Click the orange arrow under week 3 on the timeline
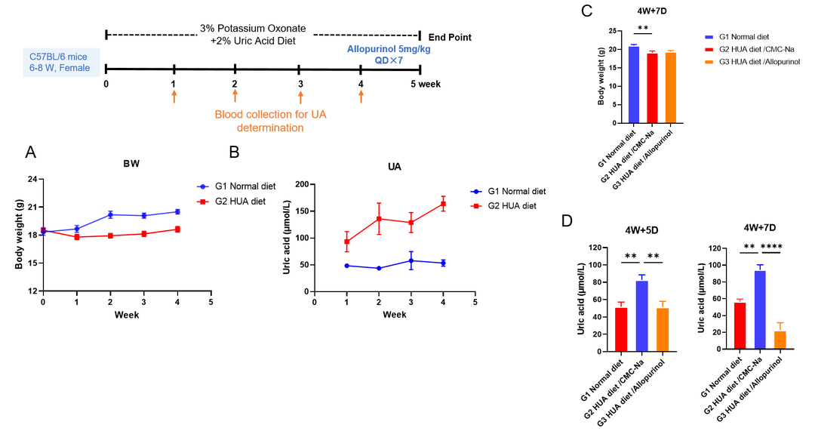tap(300, 96)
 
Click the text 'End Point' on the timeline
tap(450, 36)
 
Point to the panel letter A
tap(31, 152)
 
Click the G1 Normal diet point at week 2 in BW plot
tap(110, 214)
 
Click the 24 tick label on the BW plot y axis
tap(32, 180)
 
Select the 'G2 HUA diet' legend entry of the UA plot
tap(510, 205)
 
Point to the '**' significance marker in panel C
tap(643, 29)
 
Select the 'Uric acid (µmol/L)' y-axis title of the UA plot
tap(287, 237)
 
